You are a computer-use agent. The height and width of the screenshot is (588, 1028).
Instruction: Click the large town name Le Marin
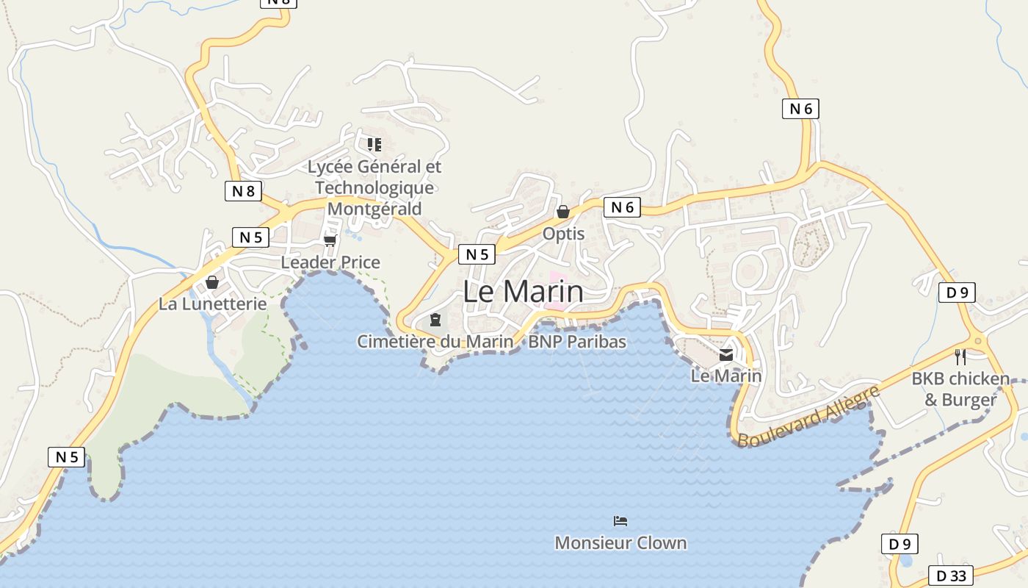click(523, 292)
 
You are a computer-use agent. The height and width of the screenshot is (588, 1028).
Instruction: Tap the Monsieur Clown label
click(620, 543)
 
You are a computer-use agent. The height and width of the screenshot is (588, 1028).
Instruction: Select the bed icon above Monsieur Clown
click(620, 521)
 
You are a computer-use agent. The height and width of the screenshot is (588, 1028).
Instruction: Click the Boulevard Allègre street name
click(808, 416)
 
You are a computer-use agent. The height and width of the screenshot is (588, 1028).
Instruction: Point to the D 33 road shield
click(951, 576)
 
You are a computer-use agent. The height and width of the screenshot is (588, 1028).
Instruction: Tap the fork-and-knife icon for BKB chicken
click(960, 357)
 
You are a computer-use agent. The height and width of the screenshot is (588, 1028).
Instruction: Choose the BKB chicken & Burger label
click(960, 390)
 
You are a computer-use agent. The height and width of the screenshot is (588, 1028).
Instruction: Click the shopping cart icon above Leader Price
click(330, 240)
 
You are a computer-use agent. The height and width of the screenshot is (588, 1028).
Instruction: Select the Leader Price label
click(330, 262)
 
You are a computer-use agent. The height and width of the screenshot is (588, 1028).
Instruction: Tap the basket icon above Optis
click(563, 212)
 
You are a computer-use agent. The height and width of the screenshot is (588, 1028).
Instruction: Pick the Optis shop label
click(563, 234)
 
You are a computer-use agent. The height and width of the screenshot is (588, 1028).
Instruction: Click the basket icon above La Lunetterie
click(212, 282)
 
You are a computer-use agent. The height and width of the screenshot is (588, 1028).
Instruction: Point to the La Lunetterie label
click(213, 304)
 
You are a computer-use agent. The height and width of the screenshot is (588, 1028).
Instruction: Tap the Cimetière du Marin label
click(435, 342)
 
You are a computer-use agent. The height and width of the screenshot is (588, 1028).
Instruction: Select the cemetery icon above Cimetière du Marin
click(435, 320)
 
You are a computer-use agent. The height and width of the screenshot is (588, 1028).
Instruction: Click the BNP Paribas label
click(577, 342)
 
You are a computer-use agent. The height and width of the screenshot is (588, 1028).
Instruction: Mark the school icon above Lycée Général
click(374, 145)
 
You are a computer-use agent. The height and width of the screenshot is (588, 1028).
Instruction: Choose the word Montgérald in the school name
click(374, 209)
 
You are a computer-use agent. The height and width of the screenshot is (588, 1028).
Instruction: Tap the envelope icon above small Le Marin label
click(726, 355)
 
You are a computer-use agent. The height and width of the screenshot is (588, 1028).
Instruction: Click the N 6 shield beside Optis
click(622, 208)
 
